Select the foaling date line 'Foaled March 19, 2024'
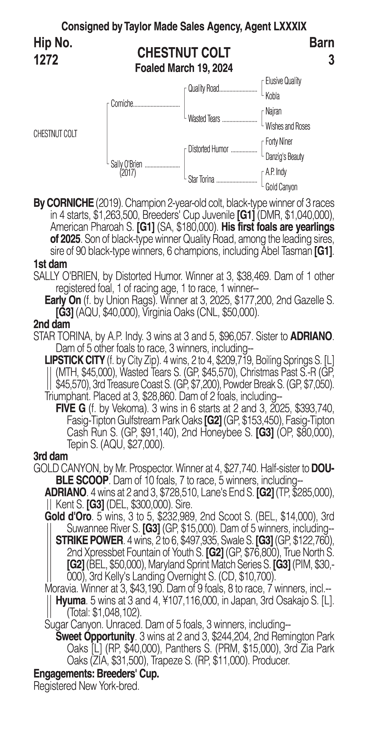pyautogui.click(x=184, y=68)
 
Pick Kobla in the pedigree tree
pyautogui.click(x=272, y=96)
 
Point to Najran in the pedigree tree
pyautogui.click(x=273, y=111)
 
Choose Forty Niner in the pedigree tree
pyautogui.click(x=279, y=142)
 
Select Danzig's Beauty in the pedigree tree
pyautogui.click(x=284, y=157)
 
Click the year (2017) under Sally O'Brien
pyautogui.click(x=128, y=173)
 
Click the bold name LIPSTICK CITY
pyautogui.click(x=75, y=360)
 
